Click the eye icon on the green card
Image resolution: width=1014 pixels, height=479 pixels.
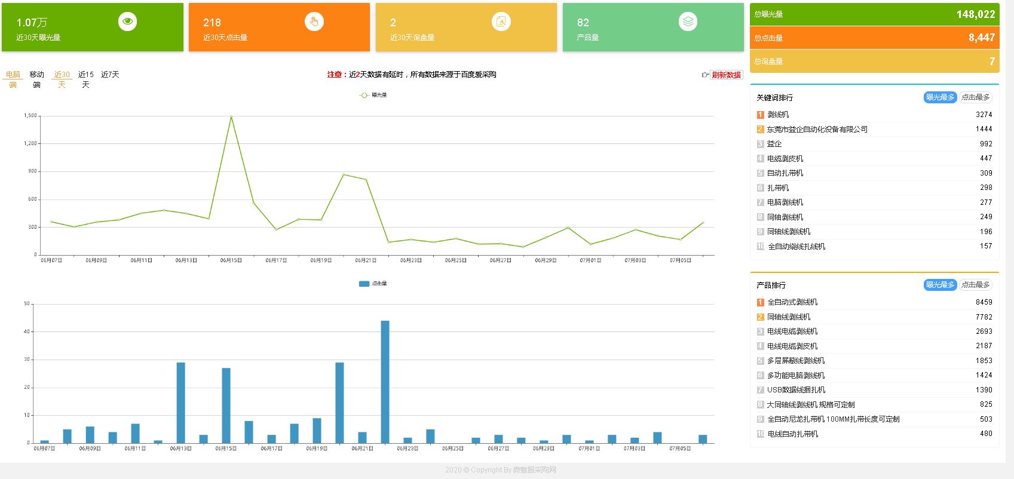click(127, 22)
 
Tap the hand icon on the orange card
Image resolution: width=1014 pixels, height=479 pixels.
click(314, 22)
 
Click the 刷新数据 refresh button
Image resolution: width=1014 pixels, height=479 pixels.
click(726, 75)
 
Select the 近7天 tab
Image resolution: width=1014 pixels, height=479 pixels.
click(110, 75)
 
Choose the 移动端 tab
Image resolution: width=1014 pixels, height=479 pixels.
click(37, 79)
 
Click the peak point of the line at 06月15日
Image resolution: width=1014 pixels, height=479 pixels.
click(231, 116)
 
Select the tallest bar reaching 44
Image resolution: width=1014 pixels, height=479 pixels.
click(385, 381)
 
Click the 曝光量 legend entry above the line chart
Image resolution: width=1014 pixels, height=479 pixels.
click(373, 95)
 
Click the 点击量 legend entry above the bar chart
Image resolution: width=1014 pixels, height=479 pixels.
click(373, 284)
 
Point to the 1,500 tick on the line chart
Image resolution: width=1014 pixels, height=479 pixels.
click(30, 116)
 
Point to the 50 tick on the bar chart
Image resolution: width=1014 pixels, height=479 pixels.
click(27, 304)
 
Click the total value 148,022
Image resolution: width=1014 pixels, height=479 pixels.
click(975, 14)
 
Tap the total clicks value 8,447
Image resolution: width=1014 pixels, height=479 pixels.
click(981, 38)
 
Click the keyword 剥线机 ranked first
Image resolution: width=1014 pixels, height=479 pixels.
click(778, 115)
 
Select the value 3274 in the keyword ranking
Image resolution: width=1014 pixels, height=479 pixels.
click(984, 115)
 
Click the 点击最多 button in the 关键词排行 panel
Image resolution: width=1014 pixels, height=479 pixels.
click(975, 97)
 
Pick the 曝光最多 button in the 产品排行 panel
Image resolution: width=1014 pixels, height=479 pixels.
click(940, 285)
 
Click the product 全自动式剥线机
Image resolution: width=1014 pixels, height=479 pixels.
click(792, 302)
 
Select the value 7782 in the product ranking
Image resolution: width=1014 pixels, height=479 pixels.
click(984, 317)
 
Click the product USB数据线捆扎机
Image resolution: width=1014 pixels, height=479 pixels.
click(796, 390)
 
